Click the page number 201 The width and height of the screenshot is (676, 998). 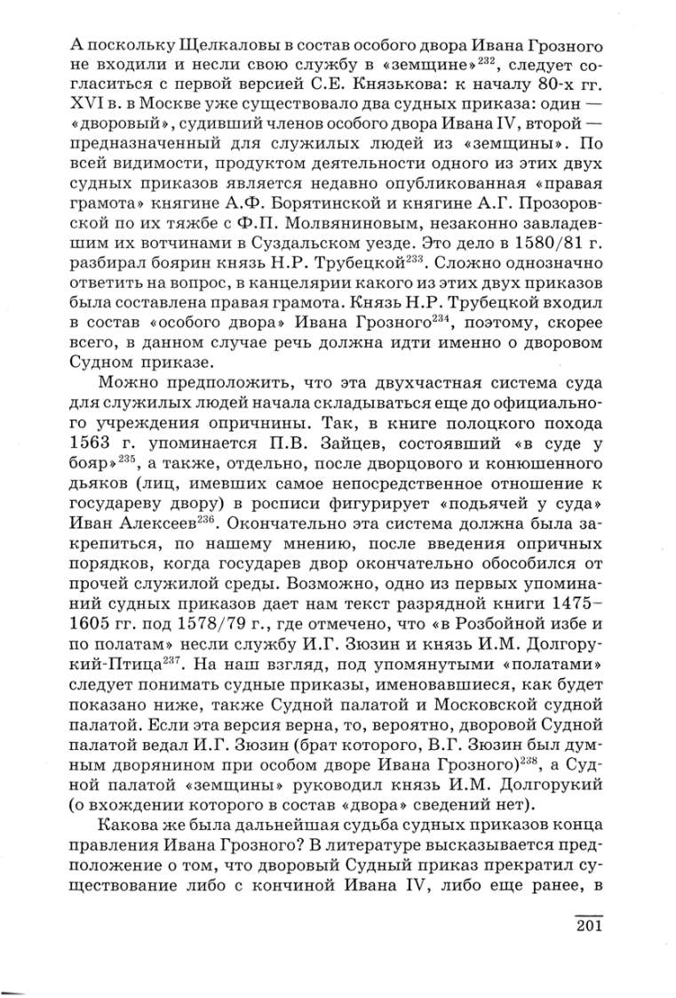[x=589, y=928]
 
